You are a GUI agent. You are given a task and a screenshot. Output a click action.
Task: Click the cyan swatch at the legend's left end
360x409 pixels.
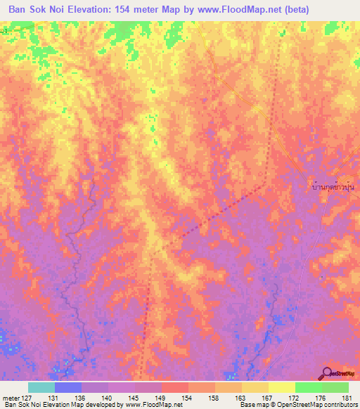coord(41,387)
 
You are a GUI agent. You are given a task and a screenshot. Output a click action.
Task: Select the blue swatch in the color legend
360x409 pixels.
coord(68,387)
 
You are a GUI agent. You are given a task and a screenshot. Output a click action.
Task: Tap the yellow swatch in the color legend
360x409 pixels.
coord(281,387)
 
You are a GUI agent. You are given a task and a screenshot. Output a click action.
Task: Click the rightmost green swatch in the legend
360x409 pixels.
coord(335,387)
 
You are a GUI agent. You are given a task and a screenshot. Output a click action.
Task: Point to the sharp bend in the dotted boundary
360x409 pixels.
coord(264,185)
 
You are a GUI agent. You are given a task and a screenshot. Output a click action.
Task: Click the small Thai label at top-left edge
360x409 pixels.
coord(4,31)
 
